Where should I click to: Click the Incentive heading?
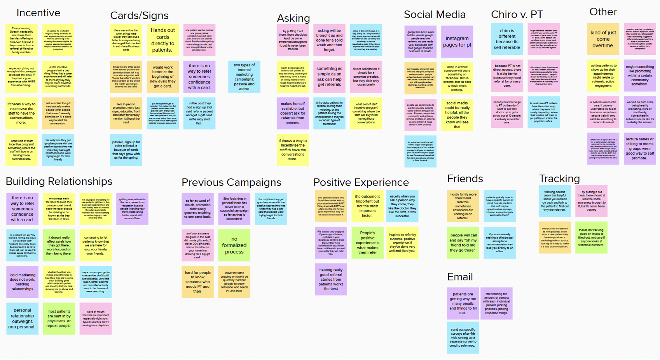tap(38, 13)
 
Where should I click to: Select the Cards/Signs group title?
tap(139, 16)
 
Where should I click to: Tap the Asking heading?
tap(293, 18)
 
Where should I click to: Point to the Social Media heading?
tap(434, 15)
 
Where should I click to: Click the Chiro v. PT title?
tap(517, 15)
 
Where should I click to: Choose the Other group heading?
tap(603, 12)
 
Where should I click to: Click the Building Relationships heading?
tap(59, 181)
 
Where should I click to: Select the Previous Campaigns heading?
tap(231, 182)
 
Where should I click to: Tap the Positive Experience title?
tap(361, 182)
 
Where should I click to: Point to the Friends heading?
tap(465, 179)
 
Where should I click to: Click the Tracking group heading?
tap(559, 179)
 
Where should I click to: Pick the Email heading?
tap(460, 277)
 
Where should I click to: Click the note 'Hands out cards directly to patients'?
tap(162, 40)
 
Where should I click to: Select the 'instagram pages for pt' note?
tap(457, 42)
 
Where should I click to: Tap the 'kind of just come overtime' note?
tap(603, 39)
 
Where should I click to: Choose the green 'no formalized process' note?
tap(234, 245)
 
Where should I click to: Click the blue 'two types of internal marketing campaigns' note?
tap(244, 77)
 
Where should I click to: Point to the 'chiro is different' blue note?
tap(507, 39)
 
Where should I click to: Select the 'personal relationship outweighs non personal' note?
tap(22, 318)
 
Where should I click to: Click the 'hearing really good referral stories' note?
tap(331, 279)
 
